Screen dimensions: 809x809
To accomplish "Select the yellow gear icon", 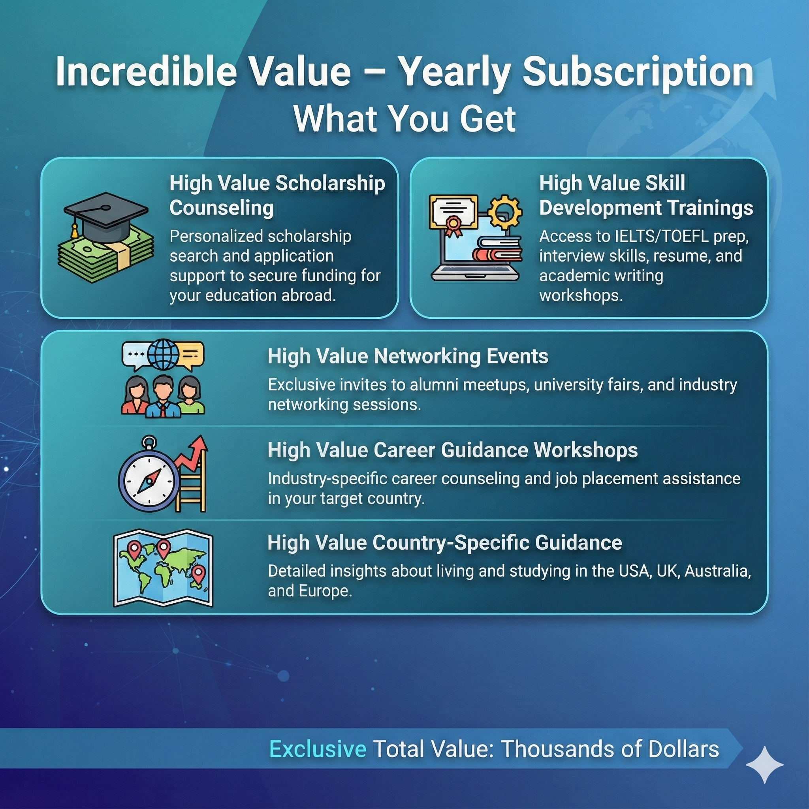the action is [x=505, y=212].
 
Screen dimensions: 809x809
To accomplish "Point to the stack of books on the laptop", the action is [x=497, y=248].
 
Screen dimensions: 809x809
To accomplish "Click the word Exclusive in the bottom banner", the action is [x=318, y=749].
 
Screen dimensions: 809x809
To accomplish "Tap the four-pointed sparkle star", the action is [x=765, y=765].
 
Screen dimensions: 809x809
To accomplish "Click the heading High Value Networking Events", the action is [x=408, y=356].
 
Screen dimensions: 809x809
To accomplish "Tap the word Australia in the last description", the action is [x=717, y=571].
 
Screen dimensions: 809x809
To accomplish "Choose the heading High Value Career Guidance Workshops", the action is [x=453, y=450].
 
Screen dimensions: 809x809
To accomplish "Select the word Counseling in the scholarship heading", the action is [x=222, y=208].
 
